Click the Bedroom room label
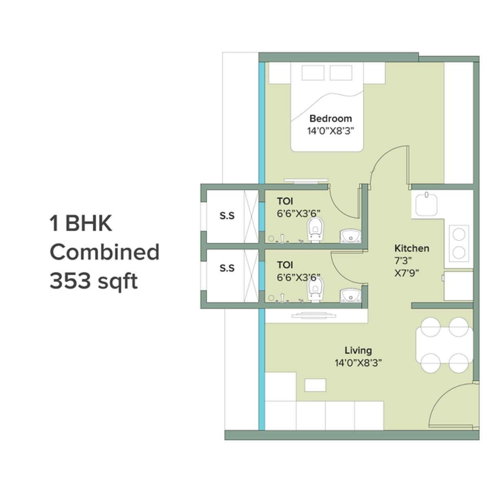(x=330, y=119)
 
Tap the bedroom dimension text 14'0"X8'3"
(x=330, y=131)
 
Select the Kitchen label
(x=412, y=248)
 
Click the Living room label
(x=358, y=350)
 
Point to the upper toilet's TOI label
(x=285, y=201)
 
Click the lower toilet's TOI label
(x=285, y=265)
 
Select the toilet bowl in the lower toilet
(x=314, y=291)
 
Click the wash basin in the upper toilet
(x=349, y=236)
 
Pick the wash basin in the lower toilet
(x=349, y=295)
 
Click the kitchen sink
(x=426, y=204)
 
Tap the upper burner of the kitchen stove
(x=459, y=234)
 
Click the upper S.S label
(x=227, y=215)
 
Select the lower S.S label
(x=227, y=268)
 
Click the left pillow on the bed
(x=313, y=73)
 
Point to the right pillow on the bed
(x=341, y=73)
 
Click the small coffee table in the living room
(x=315, y=385)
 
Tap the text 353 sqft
(x=93, y=281)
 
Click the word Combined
(x=104, y=252)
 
